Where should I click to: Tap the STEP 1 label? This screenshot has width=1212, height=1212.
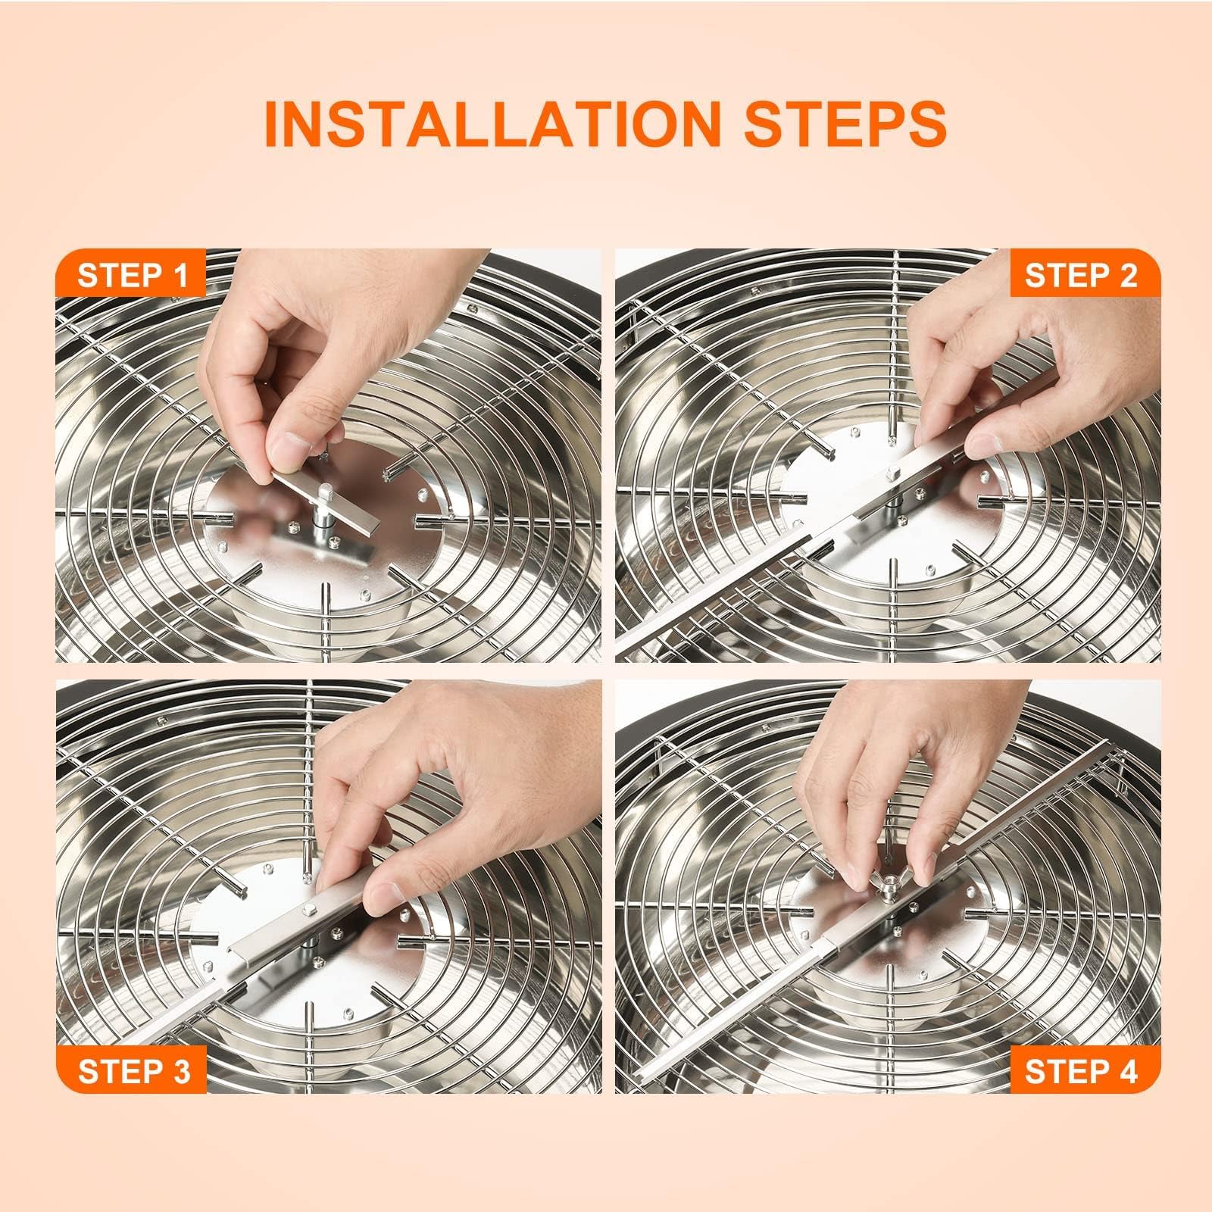(132, 276)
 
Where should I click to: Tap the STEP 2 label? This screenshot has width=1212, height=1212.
(1080, 276)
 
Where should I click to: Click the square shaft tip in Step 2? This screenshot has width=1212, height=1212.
(891, 475)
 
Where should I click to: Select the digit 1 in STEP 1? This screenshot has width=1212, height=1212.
(179, 276)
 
